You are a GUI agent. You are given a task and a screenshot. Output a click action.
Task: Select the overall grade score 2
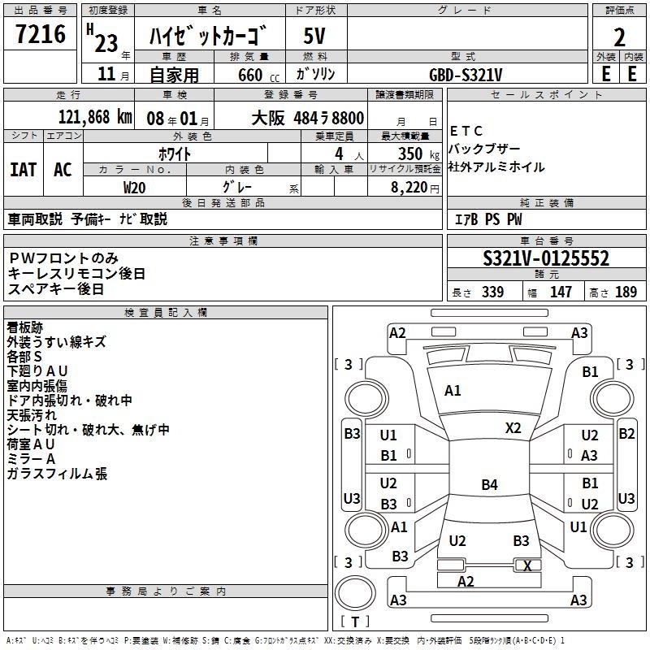(619, 37)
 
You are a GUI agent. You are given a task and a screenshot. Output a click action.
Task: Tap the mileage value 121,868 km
(95, 118)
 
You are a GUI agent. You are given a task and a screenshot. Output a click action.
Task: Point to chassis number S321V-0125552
(546, 259)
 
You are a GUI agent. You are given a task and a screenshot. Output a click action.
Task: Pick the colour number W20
(135, 186)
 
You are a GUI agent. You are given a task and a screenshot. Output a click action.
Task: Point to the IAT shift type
(23, 169)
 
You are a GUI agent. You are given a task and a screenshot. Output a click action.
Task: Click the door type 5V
(314, 37)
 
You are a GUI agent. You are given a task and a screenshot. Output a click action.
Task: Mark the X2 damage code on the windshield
(513, 427)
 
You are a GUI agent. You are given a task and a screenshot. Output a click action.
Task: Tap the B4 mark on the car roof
(489, 485)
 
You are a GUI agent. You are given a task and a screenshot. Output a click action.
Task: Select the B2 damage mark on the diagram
(626, 433)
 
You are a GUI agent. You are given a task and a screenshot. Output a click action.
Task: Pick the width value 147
(561, 292)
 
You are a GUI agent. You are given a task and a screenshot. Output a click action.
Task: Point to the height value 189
(626, 292)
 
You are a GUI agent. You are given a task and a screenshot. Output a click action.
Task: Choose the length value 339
(492, 292)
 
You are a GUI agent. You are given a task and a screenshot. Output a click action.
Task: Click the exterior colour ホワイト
(175, 154)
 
